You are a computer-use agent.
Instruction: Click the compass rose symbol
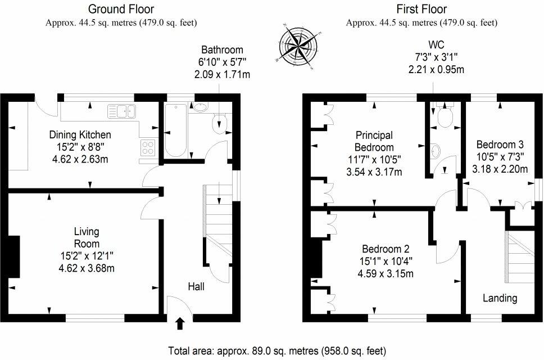pyautogui.click(x=298, y=47)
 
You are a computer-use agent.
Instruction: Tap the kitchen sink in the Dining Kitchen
pyautogui.click(x=121, y=111)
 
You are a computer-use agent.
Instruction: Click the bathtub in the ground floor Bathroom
pyautogui.click(x=175, y=130)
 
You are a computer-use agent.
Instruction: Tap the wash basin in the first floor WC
pyautogui.click(x=435, y=151)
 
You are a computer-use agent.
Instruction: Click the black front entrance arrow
pyautogui.click(x=180, y=323)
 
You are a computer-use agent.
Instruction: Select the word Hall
pyautogui.click(x=196, y=286)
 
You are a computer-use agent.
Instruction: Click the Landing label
pyautogui.click(x=500, y=298)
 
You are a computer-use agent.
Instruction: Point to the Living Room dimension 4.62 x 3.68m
pyautogui.click(x=87, y=268)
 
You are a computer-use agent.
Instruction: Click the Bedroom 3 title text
pyautogui.click(x=500, y=144)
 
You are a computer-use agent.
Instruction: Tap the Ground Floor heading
pyautogui.click(x=121, y=8)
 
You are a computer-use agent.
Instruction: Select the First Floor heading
pyautogui.click(x=421, y=8)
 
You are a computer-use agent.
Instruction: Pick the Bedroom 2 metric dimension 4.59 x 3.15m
pyautogui.click(x=386, y=273)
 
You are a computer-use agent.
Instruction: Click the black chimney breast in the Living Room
pyautogui.click(x=13, y=256)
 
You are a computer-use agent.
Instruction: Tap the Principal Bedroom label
pyautogui.click(x=374, y=141)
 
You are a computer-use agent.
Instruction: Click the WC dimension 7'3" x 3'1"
pyautogui.click(x=436, y=57)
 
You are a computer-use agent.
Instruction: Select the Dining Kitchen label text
pyautogui.click(x=80, y=134)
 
